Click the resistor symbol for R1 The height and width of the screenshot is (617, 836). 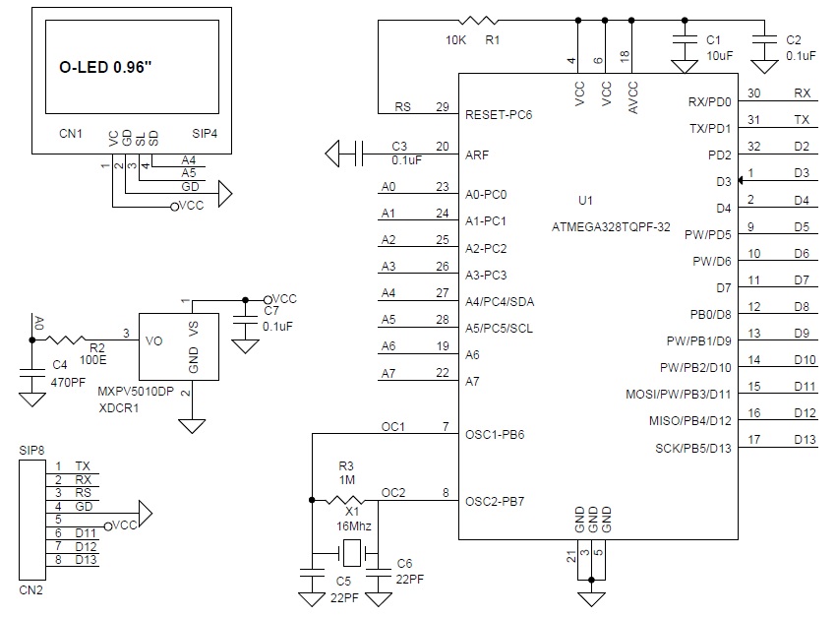tap(478, 21)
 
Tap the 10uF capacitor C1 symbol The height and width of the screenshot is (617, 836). tap(685, 39)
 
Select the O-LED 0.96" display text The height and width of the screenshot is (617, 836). tap(105, 67)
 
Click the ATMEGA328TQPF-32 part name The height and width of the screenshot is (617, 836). tap(611, 226)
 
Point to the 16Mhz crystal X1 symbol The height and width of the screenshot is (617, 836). tap(351, 553)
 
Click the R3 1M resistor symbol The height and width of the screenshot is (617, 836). tap(345, 500)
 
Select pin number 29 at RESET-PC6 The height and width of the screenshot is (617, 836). tap(443, 106)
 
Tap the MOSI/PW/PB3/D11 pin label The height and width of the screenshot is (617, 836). tap(679, 394)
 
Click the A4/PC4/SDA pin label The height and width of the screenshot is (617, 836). tap(500, 302)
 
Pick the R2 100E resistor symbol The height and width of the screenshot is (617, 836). tap(65, 339)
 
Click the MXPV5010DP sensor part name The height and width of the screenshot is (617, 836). tap(136, 392)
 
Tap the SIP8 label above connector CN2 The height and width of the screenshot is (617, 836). tap(31, 451)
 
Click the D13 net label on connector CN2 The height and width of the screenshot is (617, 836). tap(86, 559)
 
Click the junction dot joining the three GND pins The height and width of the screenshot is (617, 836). tap(591, 580)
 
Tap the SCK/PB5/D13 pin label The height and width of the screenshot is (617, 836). tap(693, 449)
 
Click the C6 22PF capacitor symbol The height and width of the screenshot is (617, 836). tap(379, 572)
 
